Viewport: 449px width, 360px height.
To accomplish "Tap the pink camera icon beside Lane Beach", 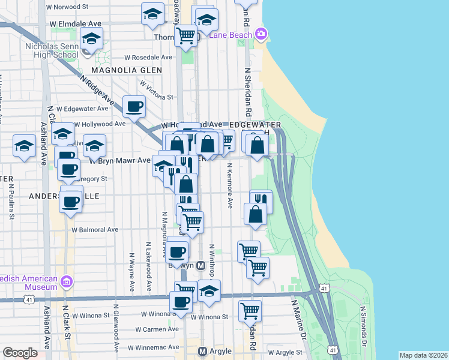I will point(261,33).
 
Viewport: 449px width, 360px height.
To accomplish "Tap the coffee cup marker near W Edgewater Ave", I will point(134,107).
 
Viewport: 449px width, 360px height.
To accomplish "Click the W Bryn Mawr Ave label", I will point(120,160).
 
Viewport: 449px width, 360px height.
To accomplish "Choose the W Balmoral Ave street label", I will point(95,229).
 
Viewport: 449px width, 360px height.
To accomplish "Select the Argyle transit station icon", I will point(202,351).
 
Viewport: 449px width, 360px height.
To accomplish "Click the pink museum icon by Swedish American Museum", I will point(67,280).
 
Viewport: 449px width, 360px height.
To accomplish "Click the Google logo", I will point(20,353).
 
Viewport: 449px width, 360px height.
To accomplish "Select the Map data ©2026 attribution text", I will point(423,355).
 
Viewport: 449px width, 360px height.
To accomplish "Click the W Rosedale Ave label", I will point(148,58).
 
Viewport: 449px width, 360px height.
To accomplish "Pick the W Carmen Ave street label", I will point(157,329).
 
